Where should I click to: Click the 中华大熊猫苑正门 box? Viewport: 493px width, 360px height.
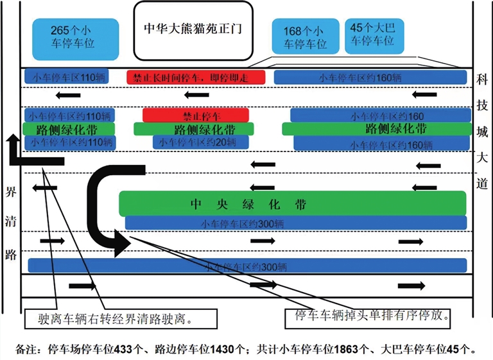pos(192,30)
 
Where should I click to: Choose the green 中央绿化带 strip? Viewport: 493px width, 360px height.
pos(292,204)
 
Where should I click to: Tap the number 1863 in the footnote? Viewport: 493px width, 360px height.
pos(348,349)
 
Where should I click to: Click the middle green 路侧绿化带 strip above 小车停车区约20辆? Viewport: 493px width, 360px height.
pos(195,129)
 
